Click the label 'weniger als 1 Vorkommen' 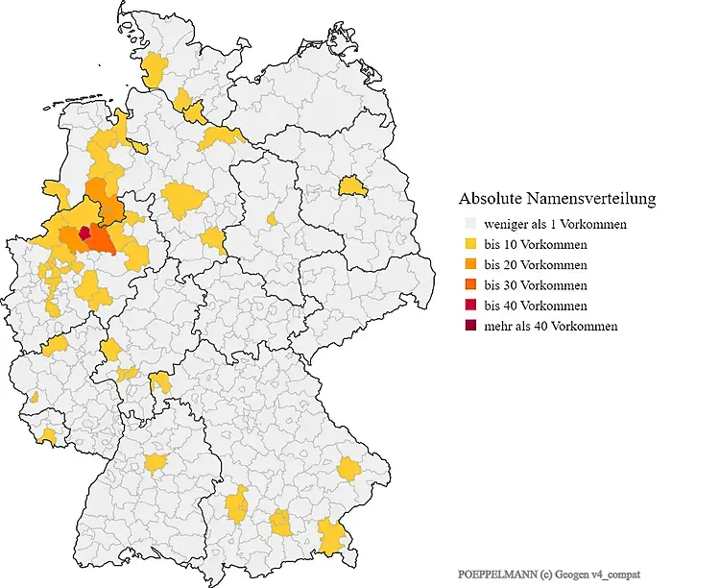click(x=556, y=225)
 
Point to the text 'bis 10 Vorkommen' click(x=536, y=245)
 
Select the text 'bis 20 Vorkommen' click(x=536, y=265)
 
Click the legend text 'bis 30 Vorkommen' click(x=536, y=285)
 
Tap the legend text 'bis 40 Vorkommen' click(x=536, y=306)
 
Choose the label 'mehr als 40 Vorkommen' click(x=551, y=326)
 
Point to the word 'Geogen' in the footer click(x=569, y=573)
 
